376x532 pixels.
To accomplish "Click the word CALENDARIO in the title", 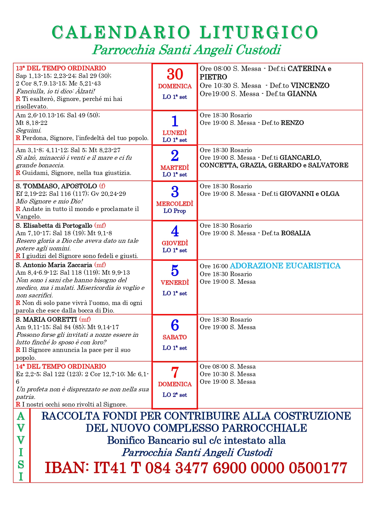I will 121,32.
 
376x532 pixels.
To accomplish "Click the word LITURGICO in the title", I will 259,32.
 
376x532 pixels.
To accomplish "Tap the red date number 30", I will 175,74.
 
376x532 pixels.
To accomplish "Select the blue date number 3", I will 175,192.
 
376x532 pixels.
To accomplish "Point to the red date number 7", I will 175,373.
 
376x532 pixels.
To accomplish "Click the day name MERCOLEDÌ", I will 175,204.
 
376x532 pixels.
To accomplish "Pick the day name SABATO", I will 175,337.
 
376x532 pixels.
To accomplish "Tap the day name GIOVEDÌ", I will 175,243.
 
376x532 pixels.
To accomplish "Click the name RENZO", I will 292,123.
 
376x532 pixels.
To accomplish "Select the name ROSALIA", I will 296,233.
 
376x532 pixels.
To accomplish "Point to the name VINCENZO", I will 310,85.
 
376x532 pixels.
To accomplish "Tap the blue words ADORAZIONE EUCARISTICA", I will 285,266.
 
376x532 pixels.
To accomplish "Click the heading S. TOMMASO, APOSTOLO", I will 56,186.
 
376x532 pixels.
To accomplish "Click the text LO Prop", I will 175,211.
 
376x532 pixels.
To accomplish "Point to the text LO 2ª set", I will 175,395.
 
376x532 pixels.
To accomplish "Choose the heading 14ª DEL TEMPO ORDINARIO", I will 61,366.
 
